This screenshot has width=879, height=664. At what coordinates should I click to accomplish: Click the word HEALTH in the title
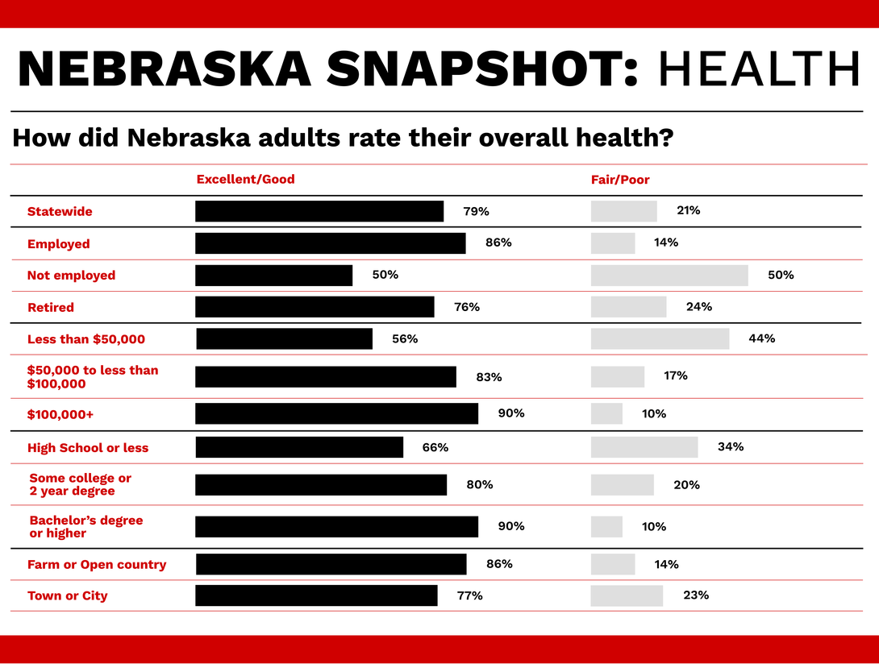tap(759, 69)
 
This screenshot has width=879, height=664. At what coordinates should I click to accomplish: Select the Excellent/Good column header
tap(245, 180)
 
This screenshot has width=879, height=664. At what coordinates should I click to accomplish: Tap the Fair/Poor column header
tap(619, 180)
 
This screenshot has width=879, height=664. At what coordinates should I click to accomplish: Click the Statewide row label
tap(60, 212)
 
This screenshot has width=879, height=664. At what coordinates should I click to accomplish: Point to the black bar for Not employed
tap(273, 276)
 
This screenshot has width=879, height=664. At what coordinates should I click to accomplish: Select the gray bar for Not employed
tap(669, 276)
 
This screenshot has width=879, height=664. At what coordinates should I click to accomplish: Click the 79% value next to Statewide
tap(476, 212)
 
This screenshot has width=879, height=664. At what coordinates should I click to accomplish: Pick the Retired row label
tap(50, 308)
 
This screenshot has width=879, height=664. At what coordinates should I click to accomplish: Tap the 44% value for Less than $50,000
tap(761, 338)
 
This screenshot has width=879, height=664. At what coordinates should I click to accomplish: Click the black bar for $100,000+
tap(336, 413)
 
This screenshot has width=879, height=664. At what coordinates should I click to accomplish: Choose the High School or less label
tap(88, 448)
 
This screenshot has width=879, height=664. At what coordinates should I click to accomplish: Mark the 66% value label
tap(435, 447)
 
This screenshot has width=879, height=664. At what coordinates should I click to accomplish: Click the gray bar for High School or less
tap(644, 447)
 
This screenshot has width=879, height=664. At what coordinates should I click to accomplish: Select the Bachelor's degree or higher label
tap(85, 527)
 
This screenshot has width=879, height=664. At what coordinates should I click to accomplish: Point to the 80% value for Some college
tap(479, 485)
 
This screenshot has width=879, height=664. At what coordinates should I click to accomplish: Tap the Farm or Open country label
tap(97, 565)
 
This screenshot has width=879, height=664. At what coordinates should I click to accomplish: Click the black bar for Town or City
tap(316, 596)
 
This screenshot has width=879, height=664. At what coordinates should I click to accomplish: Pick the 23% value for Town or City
tap(696, 596)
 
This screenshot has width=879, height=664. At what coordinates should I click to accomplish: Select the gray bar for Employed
tap(613, 243)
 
